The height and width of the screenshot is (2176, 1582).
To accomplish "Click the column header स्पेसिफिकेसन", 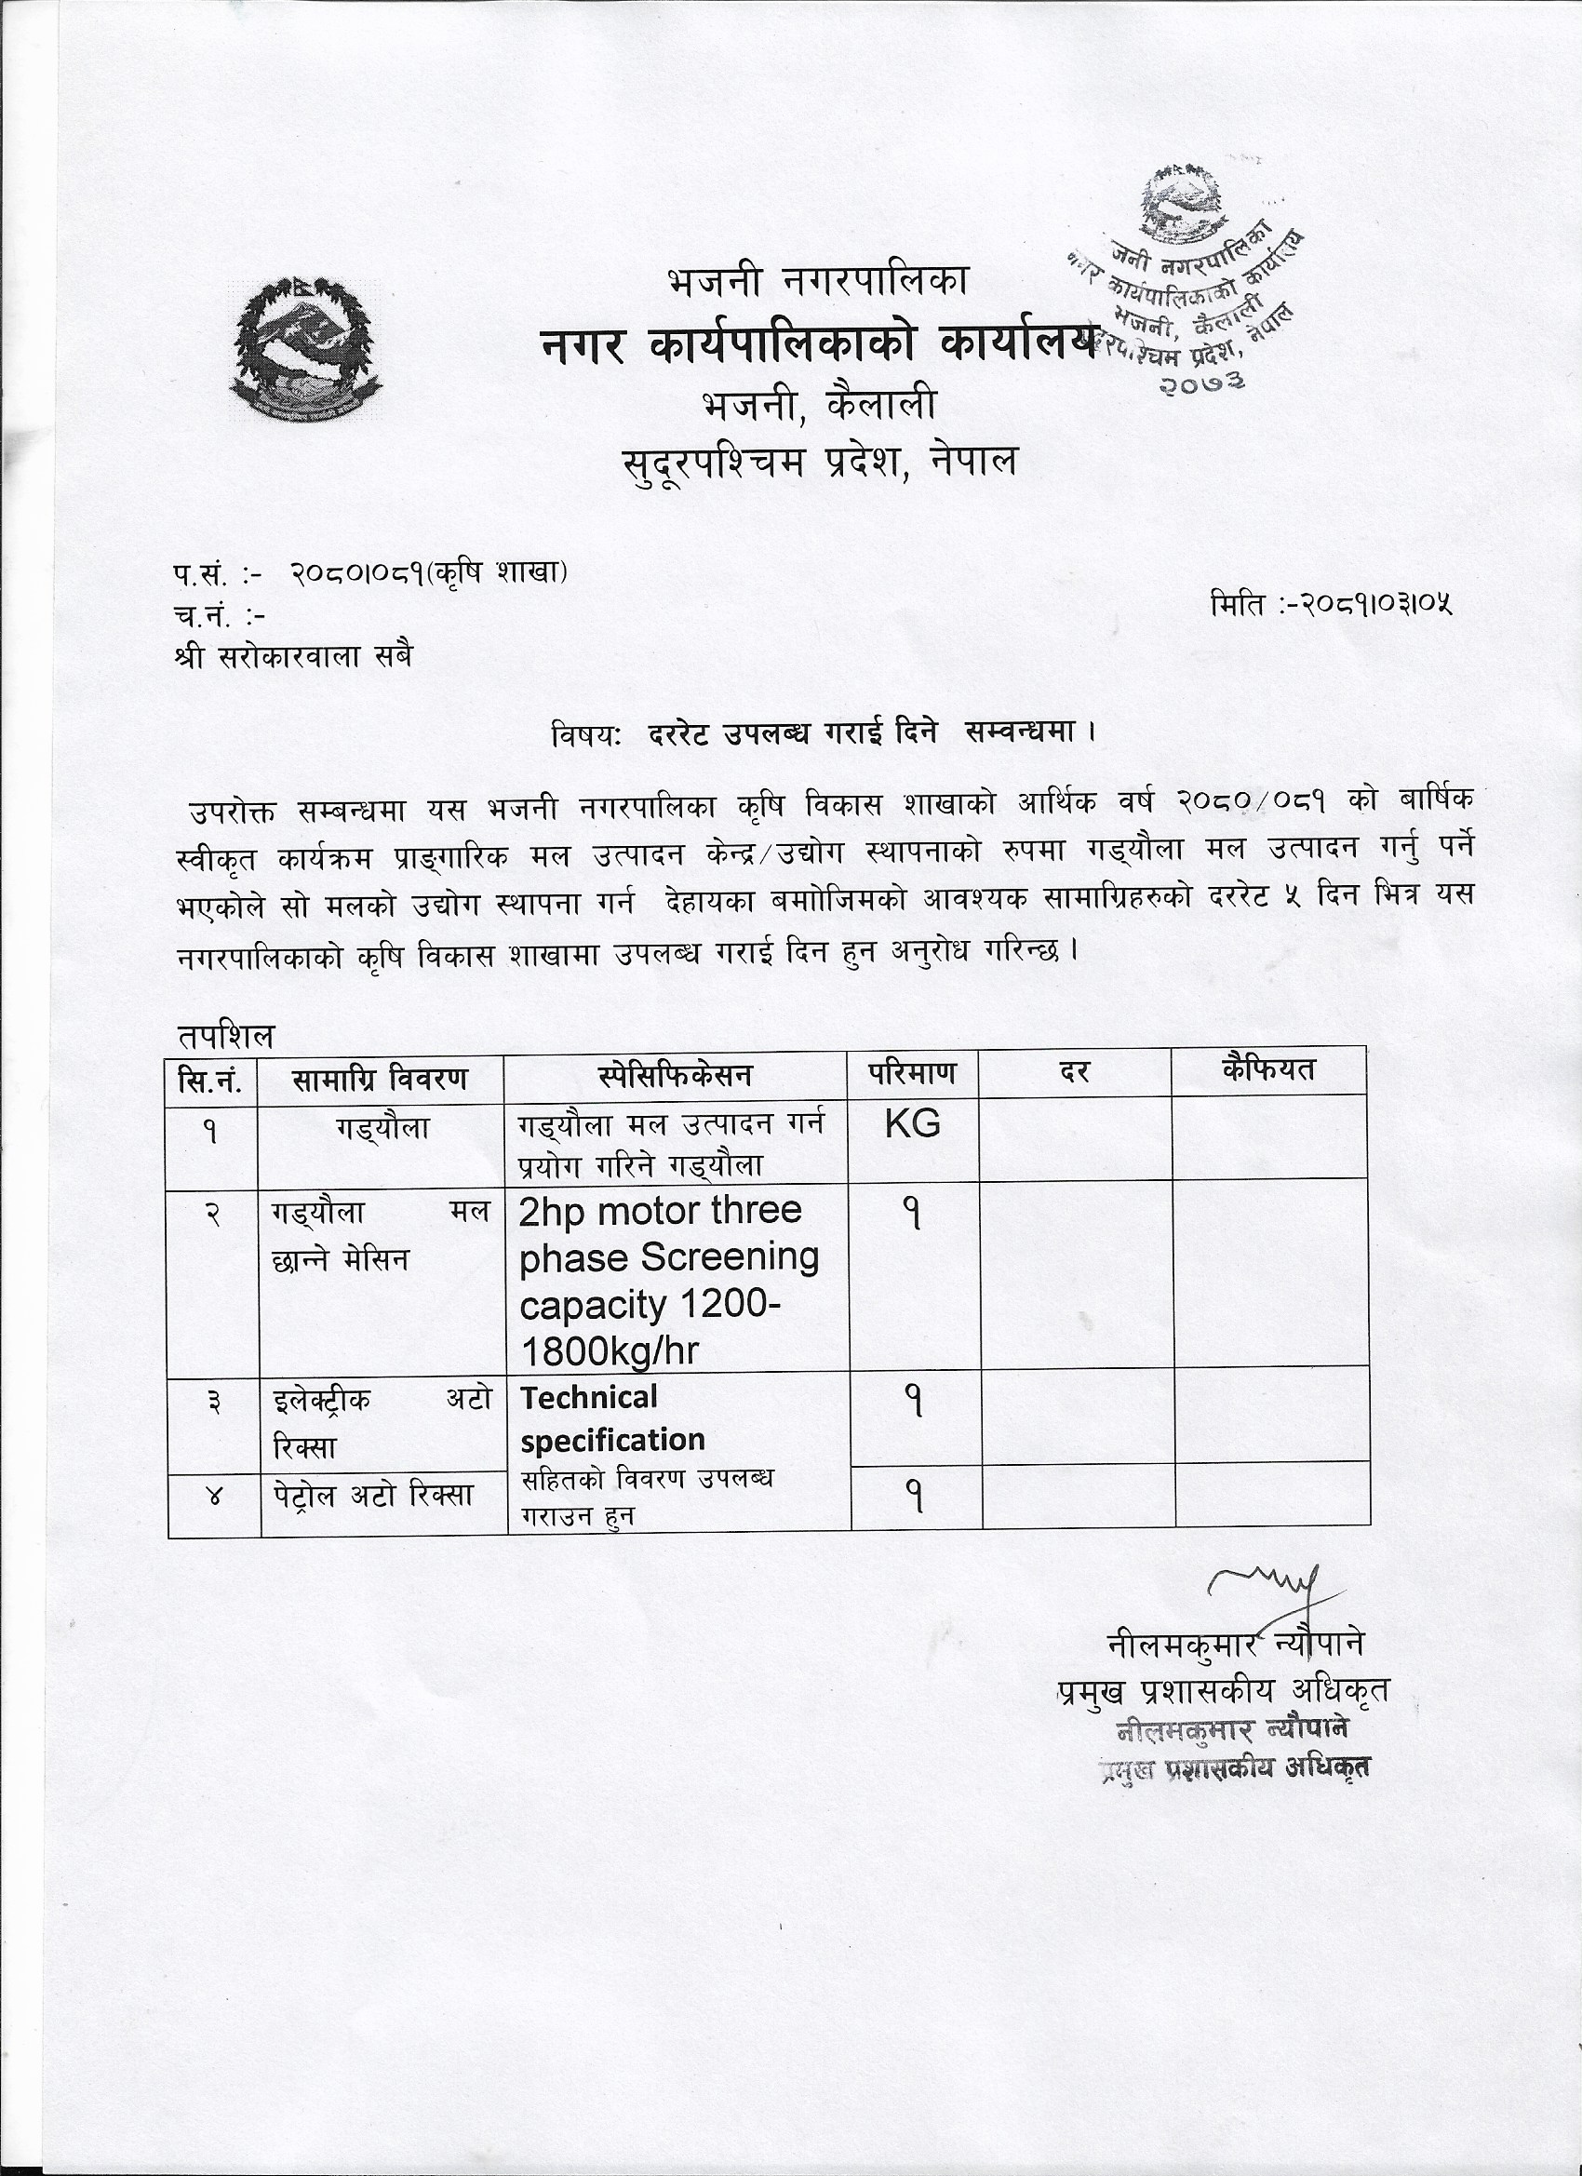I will [676, 1076].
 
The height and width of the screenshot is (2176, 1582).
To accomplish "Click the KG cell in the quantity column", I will [912, 1123].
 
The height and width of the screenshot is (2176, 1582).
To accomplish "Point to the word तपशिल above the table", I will [225, 1036].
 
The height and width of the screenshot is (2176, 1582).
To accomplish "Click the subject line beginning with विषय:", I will [824, 734].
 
